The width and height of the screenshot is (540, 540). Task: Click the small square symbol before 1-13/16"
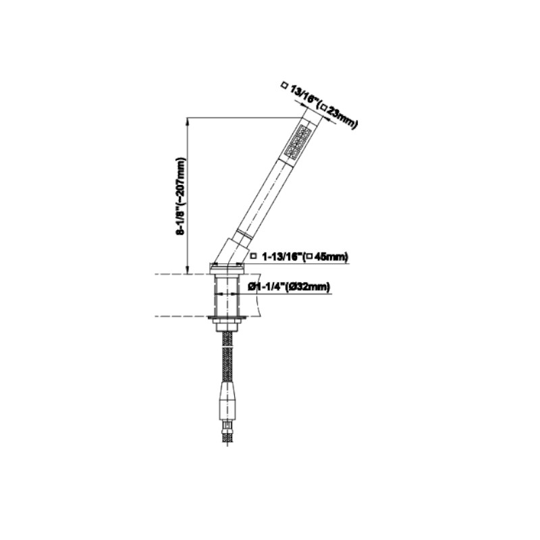point(253,256)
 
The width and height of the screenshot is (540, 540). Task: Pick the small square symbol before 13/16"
point(283,86)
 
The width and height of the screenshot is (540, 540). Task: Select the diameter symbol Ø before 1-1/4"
point(251,287)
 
